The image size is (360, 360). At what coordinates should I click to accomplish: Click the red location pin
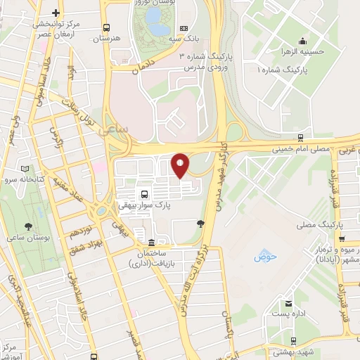coord(181,165)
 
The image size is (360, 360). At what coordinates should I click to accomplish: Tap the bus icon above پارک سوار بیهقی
coord(145,193)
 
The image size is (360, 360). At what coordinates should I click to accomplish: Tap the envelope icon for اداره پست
coord(288,304)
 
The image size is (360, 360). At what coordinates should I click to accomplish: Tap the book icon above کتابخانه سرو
coord(26,169)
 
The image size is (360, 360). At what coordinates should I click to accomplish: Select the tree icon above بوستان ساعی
coord(28,226)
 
